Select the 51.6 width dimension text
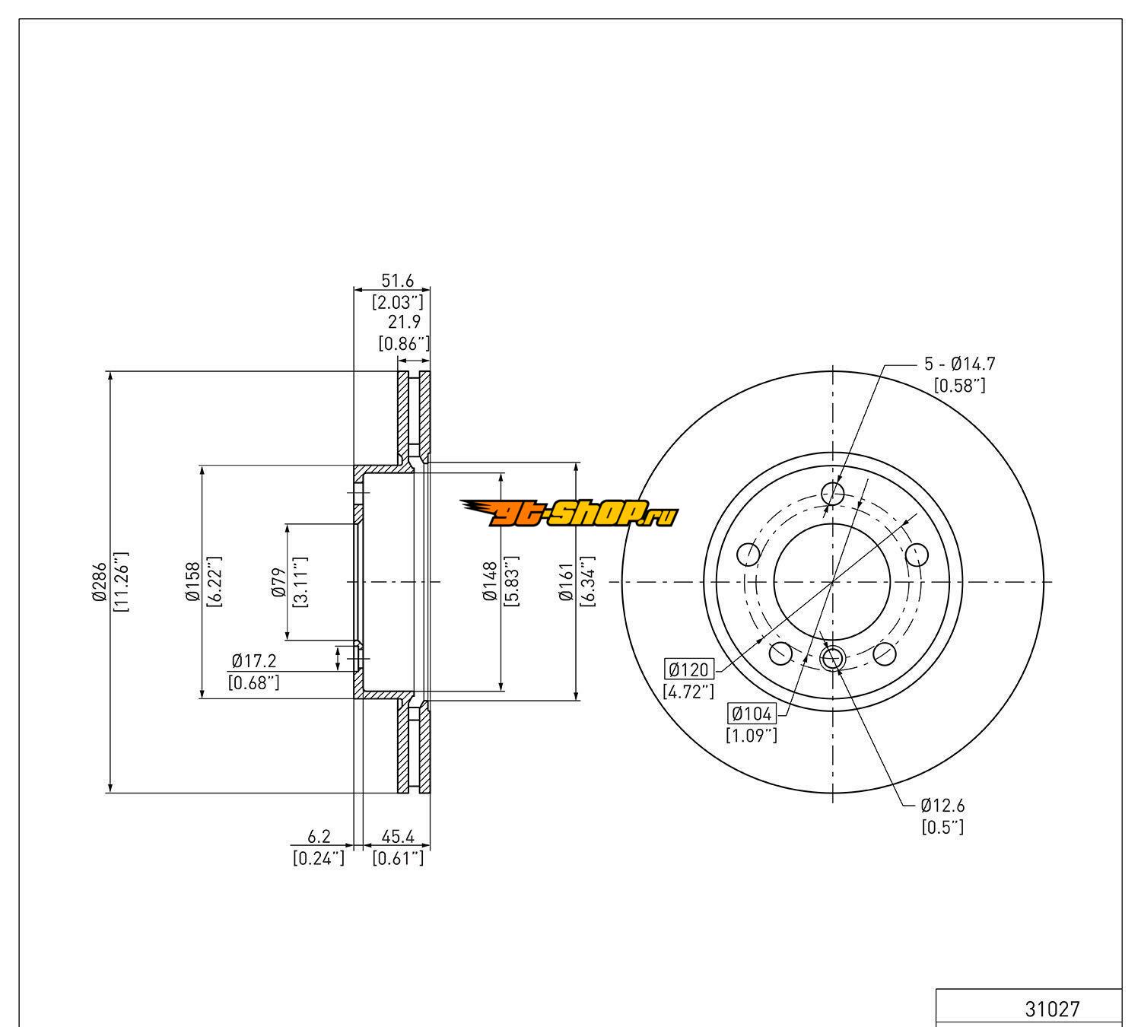click(396, 281)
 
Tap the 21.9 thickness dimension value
click(404, 322)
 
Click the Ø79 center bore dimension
click(278, 582)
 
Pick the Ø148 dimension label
click(490, 582)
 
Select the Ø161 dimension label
click(565, 582)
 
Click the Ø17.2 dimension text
click(254, 661)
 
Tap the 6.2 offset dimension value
click(319, 837)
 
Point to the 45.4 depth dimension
click(397, 837)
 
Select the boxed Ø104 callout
click(752, 714)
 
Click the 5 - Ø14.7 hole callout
click(959, 364)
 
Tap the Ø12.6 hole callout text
click(942, 805)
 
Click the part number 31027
click(1052, 1009)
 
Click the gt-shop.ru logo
click(569, 516)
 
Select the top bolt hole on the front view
click(834, 494)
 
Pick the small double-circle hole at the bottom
click(833, 657)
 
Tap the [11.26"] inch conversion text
click(121, 582)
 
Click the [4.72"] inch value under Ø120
click(689, 692)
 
